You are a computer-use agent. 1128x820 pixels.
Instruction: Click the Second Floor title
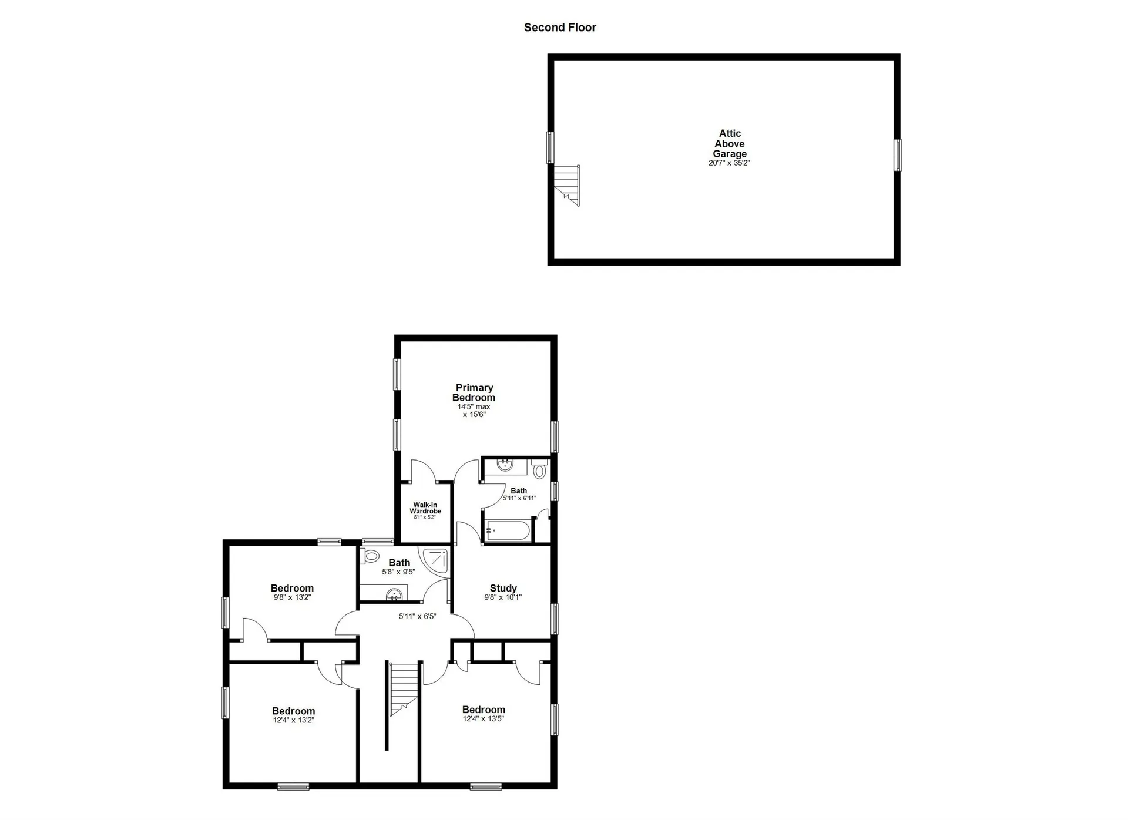click(560, 28)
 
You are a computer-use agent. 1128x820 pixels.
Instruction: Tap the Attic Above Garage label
click(730, 143)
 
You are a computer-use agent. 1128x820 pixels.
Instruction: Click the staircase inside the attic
click(568, 184)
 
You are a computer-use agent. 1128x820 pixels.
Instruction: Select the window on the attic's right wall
click(897, 155)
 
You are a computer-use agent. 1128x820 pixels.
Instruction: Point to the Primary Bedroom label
click(474, 392)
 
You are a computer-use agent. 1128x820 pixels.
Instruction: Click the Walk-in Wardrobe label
click(425, 508)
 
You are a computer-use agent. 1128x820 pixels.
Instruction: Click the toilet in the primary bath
click(539, 471)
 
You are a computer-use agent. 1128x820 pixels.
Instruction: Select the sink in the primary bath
click(505, 466)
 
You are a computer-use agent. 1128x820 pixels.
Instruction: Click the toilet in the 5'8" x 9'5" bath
click(371, 556)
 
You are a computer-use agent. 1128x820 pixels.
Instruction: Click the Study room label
click(503, 588)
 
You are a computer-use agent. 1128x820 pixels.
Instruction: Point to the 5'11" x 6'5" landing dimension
click(417, 616)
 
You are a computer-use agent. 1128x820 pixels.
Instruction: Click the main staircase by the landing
click(404, 687)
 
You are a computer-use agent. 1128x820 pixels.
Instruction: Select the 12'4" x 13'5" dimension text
click(484, 718)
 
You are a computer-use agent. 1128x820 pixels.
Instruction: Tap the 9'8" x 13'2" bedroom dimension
click(292, 597)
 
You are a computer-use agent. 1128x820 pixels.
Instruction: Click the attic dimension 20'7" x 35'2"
click(729, 163)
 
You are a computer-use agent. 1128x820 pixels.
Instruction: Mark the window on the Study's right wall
click(554, 619)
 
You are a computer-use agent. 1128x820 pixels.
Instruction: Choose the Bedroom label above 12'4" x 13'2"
click(293, 711)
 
